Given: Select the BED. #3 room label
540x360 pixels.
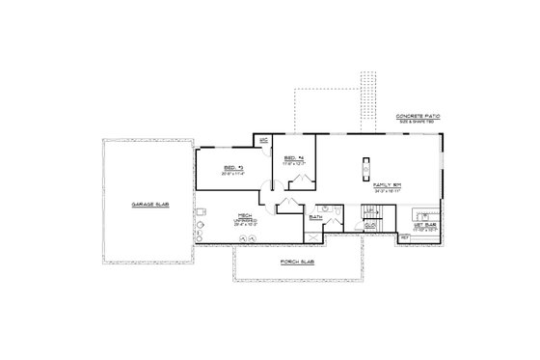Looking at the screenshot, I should (x=232, y=166).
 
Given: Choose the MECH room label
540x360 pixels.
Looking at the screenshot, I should (x=232, y=217).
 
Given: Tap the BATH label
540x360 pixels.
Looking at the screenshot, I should (x=315, y=217).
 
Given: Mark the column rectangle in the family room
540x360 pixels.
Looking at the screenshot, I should (x=365, y=168).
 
